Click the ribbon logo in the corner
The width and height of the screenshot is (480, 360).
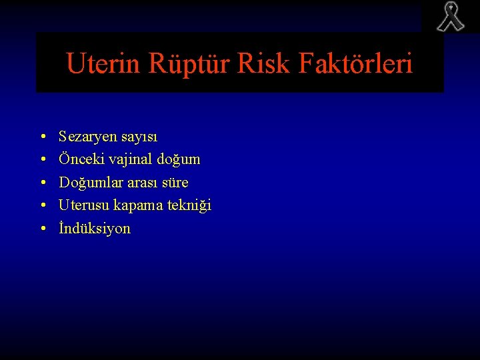point(450,17)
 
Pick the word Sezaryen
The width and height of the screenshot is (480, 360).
point(87,137)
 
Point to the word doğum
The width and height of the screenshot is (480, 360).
point(179,160)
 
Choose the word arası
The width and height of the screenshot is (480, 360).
point(141,183)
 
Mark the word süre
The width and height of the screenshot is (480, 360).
point(175,183)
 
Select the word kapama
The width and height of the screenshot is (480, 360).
point(139,205)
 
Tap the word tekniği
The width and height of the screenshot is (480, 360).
point(189,205)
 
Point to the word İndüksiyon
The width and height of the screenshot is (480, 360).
point(95,229)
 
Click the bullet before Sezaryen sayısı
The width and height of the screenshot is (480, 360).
point(42,137)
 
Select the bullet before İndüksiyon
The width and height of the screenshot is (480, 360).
point(42,229)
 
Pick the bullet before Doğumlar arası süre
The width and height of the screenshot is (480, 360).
point(42,183)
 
